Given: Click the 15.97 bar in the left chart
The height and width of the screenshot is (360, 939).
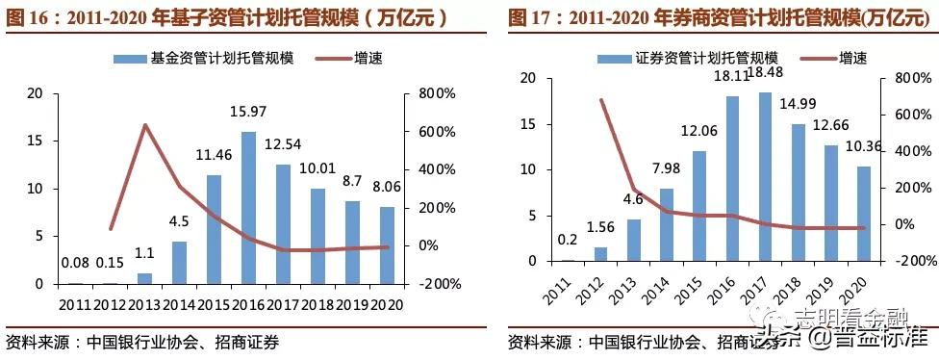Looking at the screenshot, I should pyautogui.click(x=247, y=208).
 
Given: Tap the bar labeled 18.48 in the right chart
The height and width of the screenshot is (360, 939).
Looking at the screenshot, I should pyautogui.click(x=765, y=177).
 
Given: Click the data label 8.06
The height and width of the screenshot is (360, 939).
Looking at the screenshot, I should pyautogui.click(x=385, y=192).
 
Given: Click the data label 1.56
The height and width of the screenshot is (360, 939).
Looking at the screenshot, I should pyautogui.click(x=600, y=227).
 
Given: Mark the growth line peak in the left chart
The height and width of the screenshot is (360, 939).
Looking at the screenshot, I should pyautogui.click(x=144, y=125).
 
